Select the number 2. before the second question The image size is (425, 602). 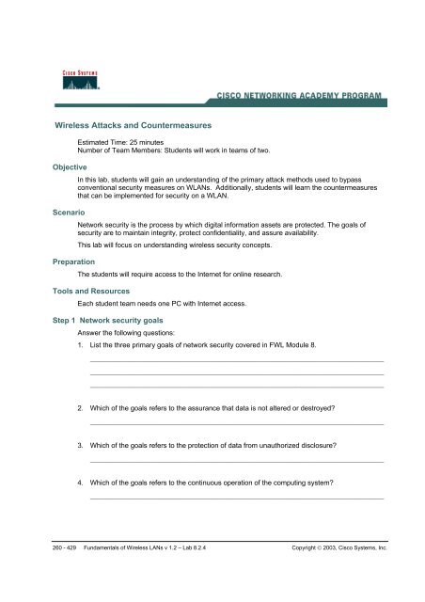coord(82,410)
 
